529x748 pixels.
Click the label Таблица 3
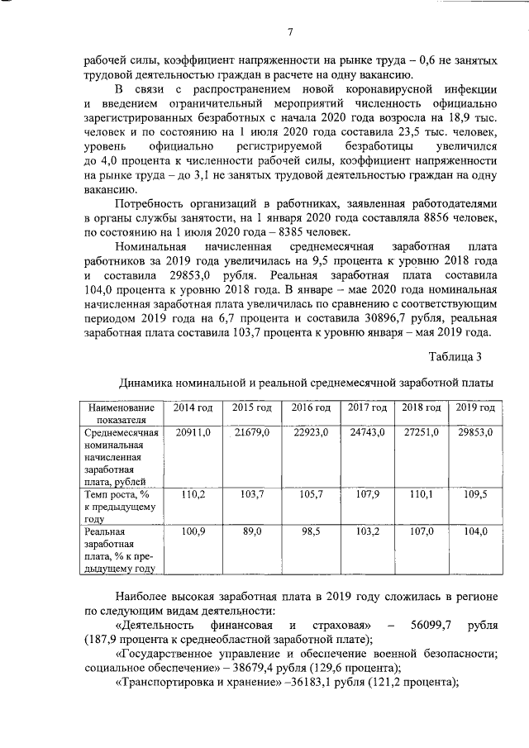pos(454,356)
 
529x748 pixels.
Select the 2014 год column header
pos(193,408)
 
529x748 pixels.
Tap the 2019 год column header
pos(475,408)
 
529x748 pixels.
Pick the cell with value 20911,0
pos(193,433)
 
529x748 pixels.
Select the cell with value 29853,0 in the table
pos(475,433)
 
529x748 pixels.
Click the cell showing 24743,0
pos(366,433)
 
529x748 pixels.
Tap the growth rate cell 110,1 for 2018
pos(422,493)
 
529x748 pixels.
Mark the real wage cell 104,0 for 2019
pos(475,531)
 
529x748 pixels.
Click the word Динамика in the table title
pos(148,383)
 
